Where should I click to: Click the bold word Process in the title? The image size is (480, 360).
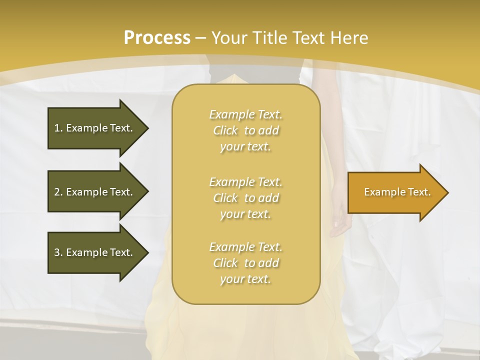(x=157, y=38)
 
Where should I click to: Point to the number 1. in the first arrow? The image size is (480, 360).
(x=58, y=128)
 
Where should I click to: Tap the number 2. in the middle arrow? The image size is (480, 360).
(x=58, y=192)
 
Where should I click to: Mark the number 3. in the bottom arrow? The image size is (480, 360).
(x=58, y=252)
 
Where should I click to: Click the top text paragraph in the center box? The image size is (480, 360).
(x=246, y=130)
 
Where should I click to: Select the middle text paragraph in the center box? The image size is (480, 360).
(x=246, y=198)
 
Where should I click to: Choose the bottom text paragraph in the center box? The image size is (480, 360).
(x=246, y=263)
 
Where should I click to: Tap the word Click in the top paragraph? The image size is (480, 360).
(x=225, y=130)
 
